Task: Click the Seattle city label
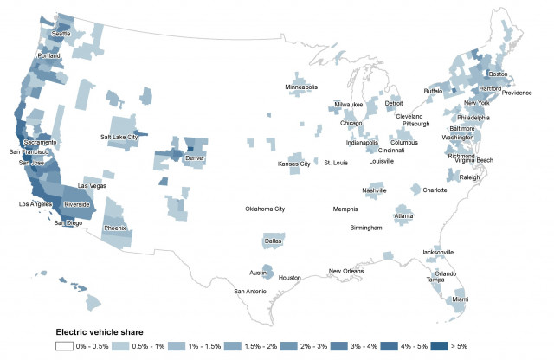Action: [x=61, y=34]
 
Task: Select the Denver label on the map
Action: [x=196, y=158]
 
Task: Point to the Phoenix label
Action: [x=115, y=228]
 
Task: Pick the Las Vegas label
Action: [x=93, y=185]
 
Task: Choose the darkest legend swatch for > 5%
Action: [x=438, y=346]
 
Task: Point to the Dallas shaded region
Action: [x=271, y=241]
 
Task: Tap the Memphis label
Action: [x=345, y=209]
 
